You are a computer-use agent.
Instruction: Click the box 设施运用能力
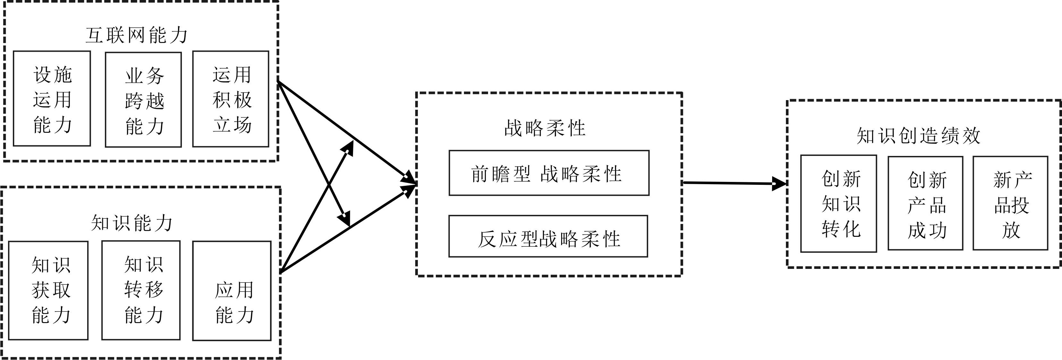tap(52, 99)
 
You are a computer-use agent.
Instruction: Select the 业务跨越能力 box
tap(143, 99)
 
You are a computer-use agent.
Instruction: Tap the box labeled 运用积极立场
tap(231, 99)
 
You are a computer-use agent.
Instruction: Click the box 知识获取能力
tap(49, 290)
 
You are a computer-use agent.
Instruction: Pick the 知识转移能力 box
tap(141, 290)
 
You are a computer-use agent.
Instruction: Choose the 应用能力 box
tap(232, 291)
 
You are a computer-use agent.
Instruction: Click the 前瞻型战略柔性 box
tap(549, 173)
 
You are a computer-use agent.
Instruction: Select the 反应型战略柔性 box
tap(548, 236)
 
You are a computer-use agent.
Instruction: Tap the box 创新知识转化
tap(839, 203)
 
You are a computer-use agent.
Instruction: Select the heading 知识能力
tap(131, 223)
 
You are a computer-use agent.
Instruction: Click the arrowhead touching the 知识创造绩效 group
tap(779, 184)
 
